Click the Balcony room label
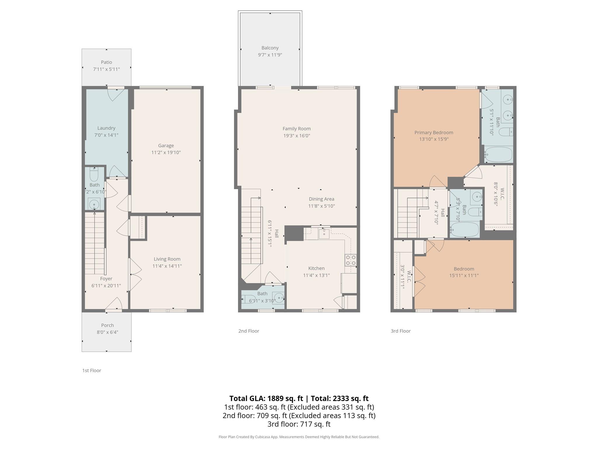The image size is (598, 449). (270, 48)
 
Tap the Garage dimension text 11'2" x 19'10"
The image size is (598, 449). (166, 152)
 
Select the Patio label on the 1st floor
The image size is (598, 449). (106, 62)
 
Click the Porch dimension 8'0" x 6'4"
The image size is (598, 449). (107, 332)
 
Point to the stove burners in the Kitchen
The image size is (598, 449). (351, 260)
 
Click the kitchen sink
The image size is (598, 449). (324, 234)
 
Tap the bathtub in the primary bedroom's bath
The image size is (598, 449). (498, 155)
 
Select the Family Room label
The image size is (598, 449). (296, 129)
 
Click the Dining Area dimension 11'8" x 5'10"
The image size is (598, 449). (321, 206)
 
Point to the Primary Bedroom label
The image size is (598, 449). (434, 132)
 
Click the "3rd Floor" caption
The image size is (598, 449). (401, 331)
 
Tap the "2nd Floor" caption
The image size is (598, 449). (248, 331)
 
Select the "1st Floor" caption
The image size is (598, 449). (92, 370)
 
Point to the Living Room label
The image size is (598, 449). (167, 259)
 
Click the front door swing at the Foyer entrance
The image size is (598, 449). (114, 304)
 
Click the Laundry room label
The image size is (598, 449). (106, 128)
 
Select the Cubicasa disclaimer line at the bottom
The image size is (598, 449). (299, 437)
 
